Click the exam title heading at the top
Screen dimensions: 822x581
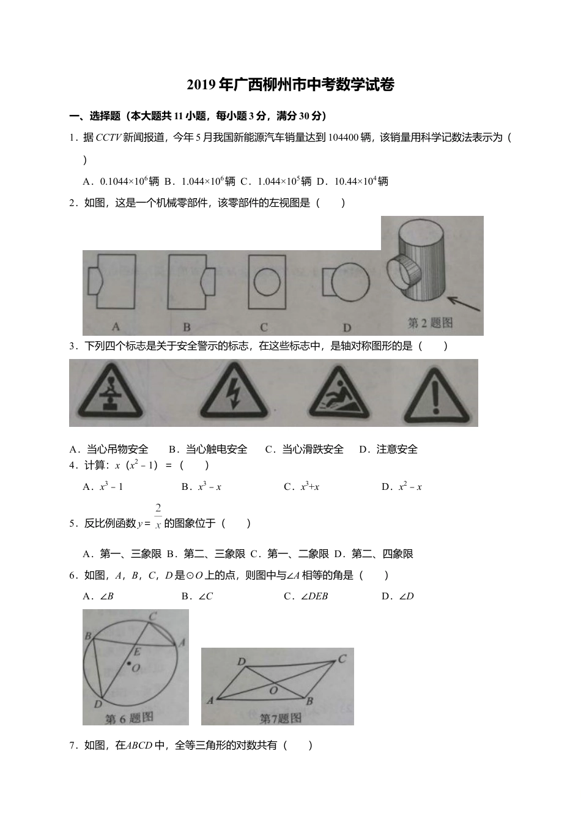pyautogui.click(x=290, y=85)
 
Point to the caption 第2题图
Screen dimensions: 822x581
pyautogui.click(x=430, y=322)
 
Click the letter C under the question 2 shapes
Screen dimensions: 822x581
pyautogui.click(x=264, y=327)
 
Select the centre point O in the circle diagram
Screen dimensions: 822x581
pyautogui.click(x=129, y=662)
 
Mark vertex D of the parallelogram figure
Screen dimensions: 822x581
pyautogui.click(x=242, y=662)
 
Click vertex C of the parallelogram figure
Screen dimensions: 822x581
pyautogui.click(x=342, y=659)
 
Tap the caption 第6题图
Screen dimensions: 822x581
pyautogui.click(x=128, y=719)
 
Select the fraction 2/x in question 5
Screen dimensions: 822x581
pyautogui.click(x=158, y=516)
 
